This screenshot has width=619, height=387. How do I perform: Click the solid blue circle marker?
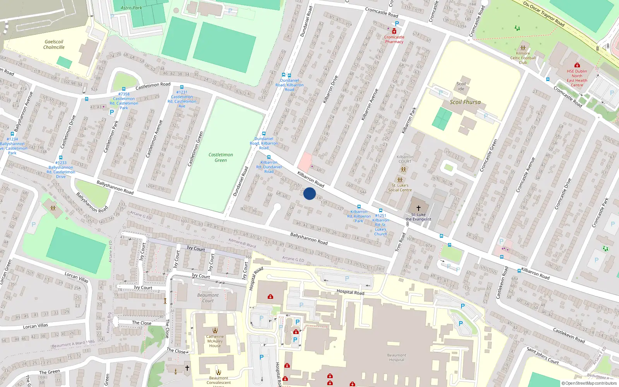click(x=309, y=193)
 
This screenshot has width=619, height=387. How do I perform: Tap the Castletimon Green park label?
click(x=221, y=158)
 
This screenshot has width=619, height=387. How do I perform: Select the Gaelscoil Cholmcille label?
click(x=54, y=45)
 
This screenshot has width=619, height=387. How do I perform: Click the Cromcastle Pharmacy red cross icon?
click(x=394, y=31)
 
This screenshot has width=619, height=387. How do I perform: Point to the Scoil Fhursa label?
click(x=465, y=102)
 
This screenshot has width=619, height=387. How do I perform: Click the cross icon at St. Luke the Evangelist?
click(x=418, y=208)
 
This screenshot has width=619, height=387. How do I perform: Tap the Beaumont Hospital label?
click(x=397, y=357)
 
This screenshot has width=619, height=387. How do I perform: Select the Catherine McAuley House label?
click(x=215, y=341)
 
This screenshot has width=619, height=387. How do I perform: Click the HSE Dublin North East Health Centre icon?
click(x=577, y=65)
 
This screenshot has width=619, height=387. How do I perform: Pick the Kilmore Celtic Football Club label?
click(x=523, y=58)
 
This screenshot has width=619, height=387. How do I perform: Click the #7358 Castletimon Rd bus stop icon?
click(x=124, y=89)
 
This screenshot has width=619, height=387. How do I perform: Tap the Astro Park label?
click(x=131, y=8)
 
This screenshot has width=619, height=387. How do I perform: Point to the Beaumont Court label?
click(x=208, y=298)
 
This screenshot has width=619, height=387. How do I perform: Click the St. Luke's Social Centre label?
click(x=400, y=188)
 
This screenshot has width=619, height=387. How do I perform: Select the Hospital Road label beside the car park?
click(x=350, y=292)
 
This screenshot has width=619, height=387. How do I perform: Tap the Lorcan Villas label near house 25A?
click(x=76, y=277)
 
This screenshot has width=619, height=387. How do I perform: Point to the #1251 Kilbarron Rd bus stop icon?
click(x=381, y=211)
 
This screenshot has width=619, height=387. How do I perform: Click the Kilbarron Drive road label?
click(x=330, y=89)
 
